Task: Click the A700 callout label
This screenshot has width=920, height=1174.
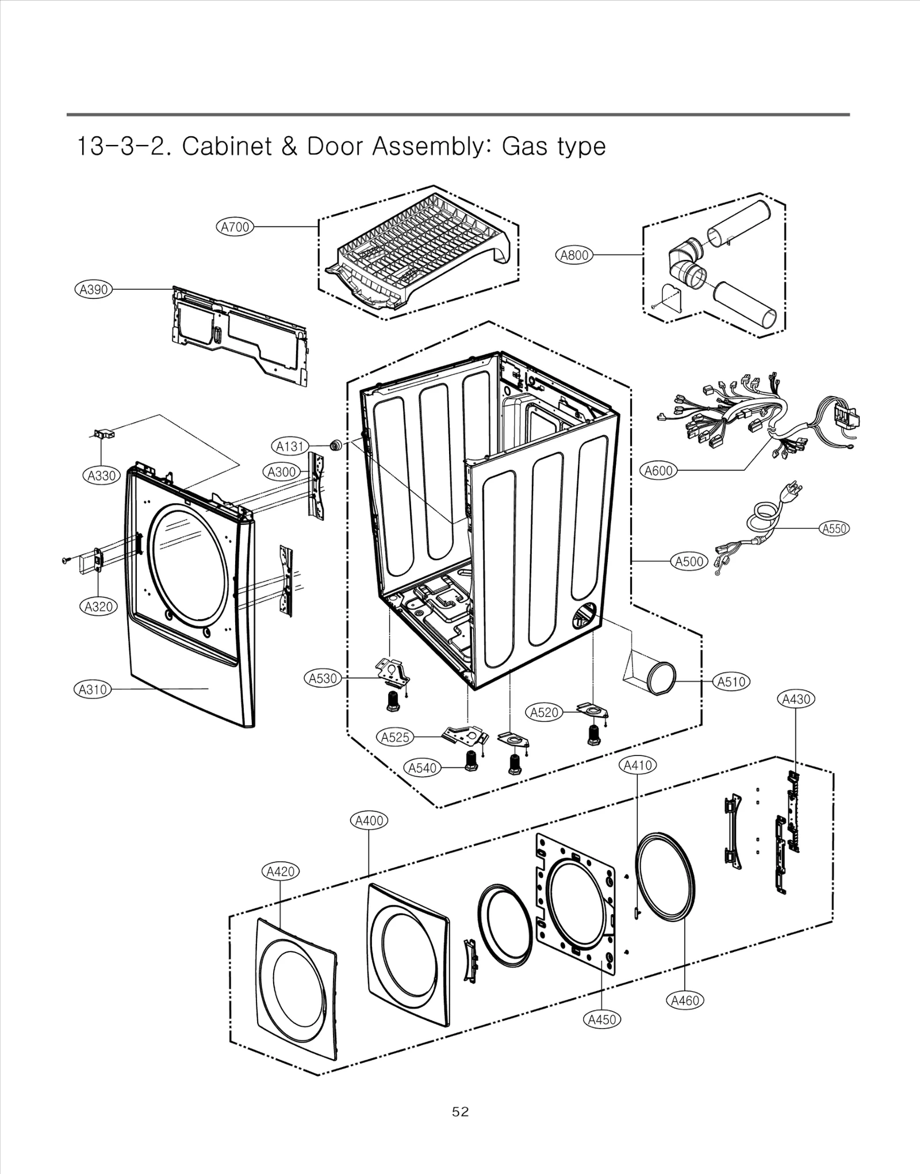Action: pos(236,227)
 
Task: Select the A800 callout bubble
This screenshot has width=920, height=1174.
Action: pos(574,255)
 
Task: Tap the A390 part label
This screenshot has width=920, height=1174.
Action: pos(93,289)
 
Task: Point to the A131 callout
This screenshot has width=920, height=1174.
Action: pos(290,446)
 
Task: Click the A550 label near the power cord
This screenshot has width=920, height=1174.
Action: pos(834,528)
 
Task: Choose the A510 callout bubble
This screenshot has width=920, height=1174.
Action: pos(731,682)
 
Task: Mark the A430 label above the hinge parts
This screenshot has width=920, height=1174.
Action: pos(796,699)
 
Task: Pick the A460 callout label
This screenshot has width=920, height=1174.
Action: pos(685,1000)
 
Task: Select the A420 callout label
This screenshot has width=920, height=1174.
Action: pos(281,872)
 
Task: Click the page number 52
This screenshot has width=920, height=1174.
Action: pos(460,1112)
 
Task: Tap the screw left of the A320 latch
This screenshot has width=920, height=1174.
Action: pos(65,559)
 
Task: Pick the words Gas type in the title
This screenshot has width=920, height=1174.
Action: pos(554,146)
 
